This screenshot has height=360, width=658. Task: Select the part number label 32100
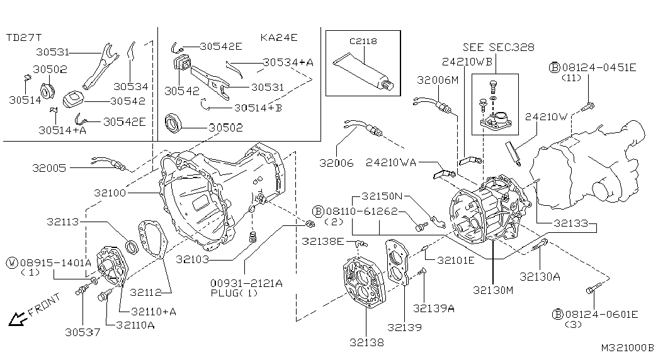[110, 193]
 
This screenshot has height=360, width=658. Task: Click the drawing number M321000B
[628, 348]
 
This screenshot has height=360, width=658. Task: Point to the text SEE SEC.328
[499, 47]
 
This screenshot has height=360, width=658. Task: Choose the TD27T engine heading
[24, 38]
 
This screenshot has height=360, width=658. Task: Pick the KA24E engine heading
[279, 37]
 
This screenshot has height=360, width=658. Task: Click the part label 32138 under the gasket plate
[366, 342]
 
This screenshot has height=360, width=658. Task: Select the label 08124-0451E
[599, 67]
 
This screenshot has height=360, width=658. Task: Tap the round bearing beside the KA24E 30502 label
[174, 123]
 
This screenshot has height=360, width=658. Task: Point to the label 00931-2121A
[246, 284]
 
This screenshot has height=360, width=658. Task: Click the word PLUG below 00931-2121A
[224, 293]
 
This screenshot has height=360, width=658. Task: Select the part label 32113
[63, 222]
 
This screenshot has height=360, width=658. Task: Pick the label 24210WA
[390, 162]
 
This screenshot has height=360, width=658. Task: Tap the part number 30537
[82, 332]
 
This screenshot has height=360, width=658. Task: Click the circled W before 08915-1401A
[12, 263]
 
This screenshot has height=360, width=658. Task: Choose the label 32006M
[438, 80]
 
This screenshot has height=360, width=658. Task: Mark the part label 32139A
[433, 308]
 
